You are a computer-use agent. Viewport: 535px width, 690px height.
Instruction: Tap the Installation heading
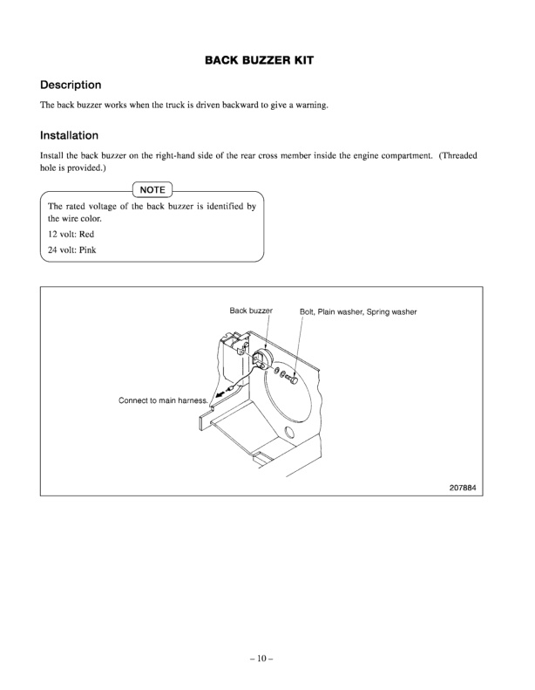pos(70,136)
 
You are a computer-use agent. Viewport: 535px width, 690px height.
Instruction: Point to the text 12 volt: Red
pos(64,236)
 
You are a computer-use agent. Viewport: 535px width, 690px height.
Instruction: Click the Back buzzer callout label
pos(252,311)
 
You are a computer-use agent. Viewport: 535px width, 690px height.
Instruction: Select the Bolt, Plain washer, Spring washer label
pos(359,311)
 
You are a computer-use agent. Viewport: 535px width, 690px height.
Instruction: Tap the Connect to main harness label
pos(163,400)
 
